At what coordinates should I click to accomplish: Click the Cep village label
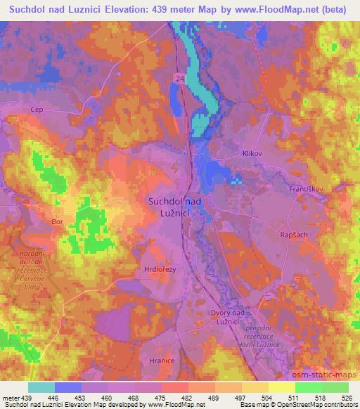[x=37, y=110]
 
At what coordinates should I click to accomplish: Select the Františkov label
[x=306, y=190]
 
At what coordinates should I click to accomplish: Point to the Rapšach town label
[x=293, y=235]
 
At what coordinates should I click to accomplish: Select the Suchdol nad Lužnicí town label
[x=175, y=206]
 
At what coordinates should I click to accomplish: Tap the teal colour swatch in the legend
[x=41, y=387]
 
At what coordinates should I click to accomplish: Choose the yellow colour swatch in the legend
[x=281, y=387]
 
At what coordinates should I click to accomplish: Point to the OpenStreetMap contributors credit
[x=315, y=405]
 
